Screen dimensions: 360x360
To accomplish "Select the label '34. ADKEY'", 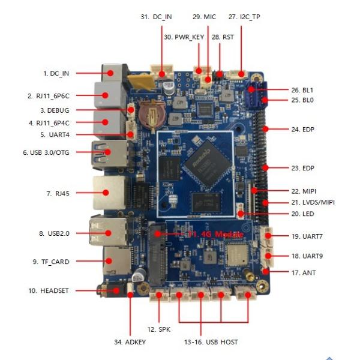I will click(130, 341).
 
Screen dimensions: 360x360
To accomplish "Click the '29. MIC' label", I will click(204, 17).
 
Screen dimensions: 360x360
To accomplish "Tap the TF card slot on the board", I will click(111, 261).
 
